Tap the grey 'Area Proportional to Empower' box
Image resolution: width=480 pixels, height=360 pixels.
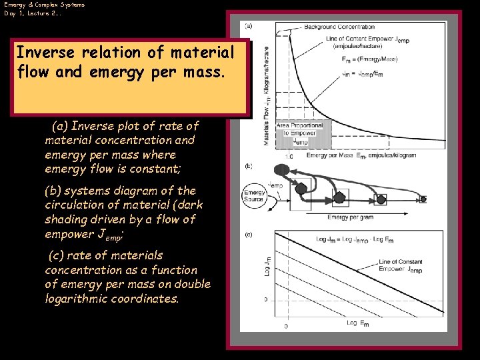pos(299,133)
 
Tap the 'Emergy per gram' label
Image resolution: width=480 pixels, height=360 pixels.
pos(350,217)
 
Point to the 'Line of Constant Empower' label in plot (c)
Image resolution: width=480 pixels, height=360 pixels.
pos(401,266)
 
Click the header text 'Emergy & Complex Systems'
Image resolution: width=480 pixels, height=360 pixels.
pos(44,5)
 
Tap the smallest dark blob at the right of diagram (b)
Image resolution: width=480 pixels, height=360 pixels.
pos(423,198)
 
